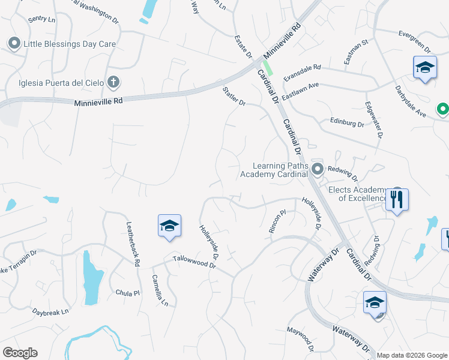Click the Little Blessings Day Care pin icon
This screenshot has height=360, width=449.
(14, 43)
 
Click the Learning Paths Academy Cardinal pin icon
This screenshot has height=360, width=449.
(318, 169)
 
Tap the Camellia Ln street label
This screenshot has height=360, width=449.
(159, 290)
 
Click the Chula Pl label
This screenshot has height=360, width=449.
(127, 293)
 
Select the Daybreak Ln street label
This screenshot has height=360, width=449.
(50, 313)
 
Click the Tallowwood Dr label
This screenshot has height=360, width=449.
(194, 262)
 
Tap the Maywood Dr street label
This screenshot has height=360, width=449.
(300, 338)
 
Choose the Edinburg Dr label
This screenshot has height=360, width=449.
(347, 122)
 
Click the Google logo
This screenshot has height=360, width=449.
(20, 353)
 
